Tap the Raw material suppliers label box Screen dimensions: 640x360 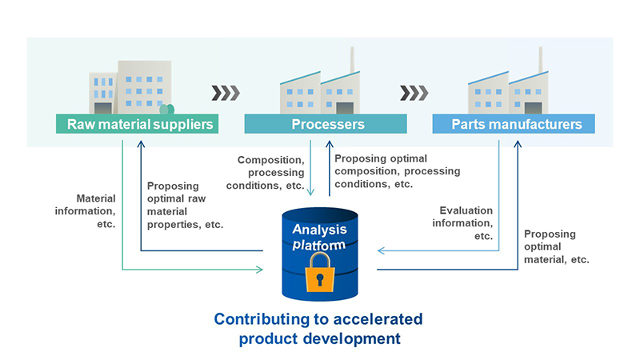point(137,124)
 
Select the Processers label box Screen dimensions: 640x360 point(326,124)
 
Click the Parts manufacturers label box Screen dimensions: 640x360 point(514,124)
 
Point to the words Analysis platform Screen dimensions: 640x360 point(319,237)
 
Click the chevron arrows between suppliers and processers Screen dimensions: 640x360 point(226,93)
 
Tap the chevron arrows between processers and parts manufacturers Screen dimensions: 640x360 point(414,93)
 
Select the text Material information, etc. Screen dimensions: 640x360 point(86,211)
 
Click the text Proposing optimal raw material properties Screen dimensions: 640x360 point(185,206)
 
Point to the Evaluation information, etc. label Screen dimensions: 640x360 point(462,223)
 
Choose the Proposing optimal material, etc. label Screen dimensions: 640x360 point(556,246)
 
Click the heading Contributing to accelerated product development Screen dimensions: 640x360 point(318,329)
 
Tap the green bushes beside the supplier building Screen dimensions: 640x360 point(167,109)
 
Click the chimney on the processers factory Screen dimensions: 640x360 point(352,60)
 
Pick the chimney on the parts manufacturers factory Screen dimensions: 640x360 point(541,60)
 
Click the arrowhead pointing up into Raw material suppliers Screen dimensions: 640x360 point(141,144)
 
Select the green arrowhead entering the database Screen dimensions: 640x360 point(259,270)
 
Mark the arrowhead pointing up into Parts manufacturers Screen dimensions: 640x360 point(518,144)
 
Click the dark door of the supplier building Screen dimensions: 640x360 point(103,108)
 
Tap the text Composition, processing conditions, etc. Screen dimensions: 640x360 point(266,173)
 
